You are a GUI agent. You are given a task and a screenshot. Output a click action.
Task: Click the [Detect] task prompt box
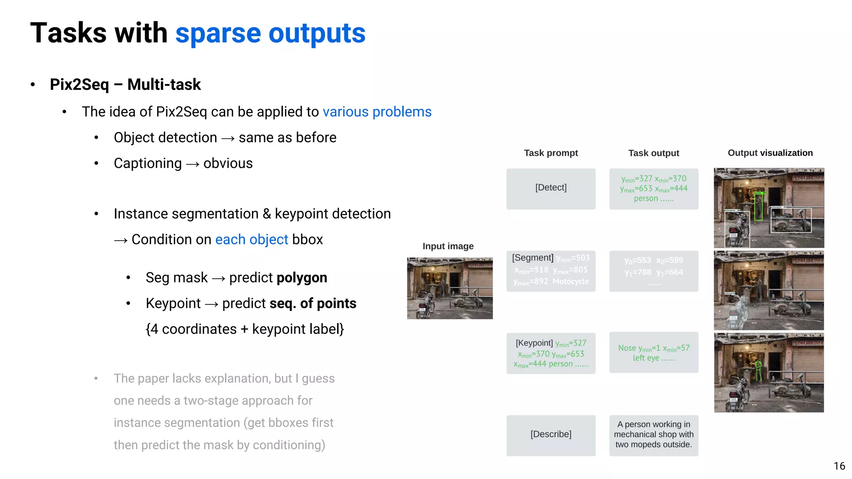point(550,188)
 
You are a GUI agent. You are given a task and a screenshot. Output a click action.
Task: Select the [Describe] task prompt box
point(550,435)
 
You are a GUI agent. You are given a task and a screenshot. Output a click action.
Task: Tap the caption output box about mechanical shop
point(653,435)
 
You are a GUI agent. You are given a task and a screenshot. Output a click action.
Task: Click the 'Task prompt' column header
point(550,153)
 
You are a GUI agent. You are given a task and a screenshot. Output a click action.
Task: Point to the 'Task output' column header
point(653,153)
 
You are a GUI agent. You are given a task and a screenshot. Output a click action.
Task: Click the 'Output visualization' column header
point(770,153)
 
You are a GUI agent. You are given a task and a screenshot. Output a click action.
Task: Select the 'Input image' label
point(448,246)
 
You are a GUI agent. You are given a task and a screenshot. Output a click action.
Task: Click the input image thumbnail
point(449,288)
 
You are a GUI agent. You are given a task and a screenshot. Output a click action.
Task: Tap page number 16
point(839,466)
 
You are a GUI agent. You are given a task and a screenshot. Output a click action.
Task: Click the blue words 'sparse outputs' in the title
point(270,33)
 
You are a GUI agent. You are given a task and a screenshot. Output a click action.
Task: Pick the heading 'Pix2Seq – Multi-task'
point(125,84)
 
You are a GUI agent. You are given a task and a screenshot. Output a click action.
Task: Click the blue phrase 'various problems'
point(377,112)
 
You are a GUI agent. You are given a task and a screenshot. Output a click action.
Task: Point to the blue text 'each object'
point(251,239)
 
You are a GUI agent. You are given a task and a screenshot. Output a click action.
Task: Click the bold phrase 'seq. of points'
point(313,304)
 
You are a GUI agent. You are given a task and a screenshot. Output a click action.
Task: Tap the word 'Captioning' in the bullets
point(148,163)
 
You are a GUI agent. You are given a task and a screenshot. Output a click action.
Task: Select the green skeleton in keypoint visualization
point(758,371)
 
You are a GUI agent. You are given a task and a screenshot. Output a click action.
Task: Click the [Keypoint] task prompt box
point(550,353)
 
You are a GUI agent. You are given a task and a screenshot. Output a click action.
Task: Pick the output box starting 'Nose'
point(653,353)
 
